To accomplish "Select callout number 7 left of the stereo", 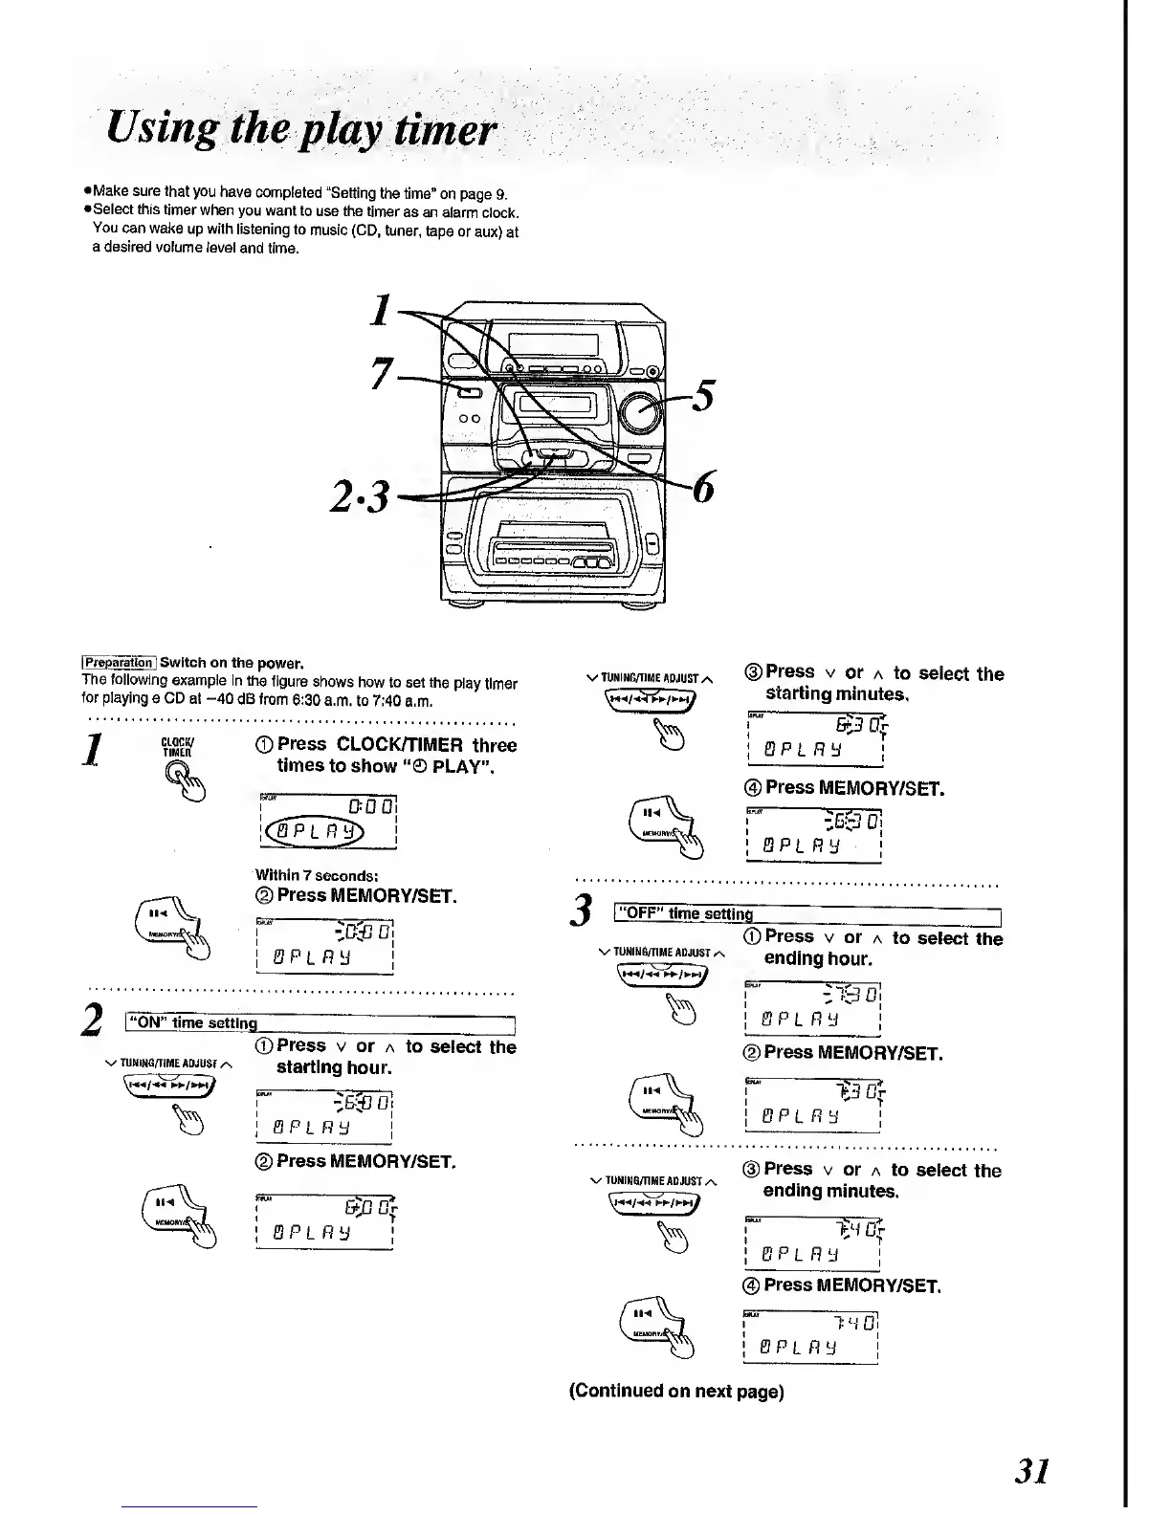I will point(381,376).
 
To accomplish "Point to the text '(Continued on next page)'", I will point(676,1392).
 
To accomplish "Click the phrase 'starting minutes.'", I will point(835,693).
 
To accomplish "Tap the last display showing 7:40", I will point(811,1338).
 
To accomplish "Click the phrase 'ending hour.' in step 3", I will point(818,959).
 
